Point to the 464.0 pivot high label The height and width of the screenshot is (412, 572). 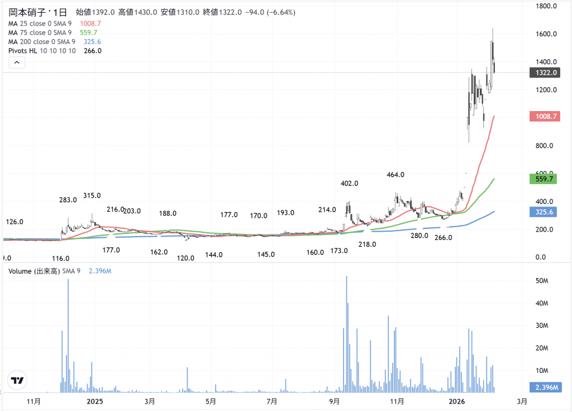395,175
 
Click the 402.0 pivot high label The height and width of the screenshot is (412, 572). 350,184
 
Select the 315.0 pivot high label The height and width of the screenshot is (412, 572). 92,195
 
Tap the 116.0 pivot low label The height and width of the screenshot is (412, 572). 60,258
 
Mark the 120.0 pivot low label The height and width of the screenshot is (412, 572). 185,258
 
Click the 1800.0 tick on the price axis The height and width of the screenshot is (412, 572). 544,6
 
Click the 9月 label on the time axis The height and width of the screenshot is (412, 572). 334,401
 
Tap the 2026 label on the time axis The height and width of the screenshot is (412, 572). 457,401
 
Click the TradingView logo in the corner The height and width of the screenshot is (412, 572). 17,381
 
